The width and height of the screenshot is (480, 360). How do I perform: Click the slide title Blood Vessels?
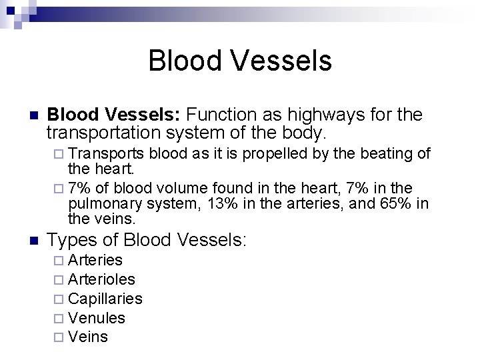click(240, 61)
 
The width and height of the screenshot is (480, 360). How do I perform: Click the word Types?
click(71, 239)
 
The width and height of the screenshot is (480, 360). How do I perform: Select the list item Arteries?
click(95, 260)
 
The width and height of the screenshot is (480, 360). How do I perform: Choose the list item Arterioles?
click(101, 279)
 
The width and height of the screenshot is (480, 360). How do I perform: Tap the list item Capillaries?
click(105, 299)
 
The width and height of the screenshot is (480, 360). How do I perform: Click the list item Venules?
click(97, 318)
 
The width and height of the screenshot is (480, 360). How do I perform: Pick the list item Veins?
click(88, 337)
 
